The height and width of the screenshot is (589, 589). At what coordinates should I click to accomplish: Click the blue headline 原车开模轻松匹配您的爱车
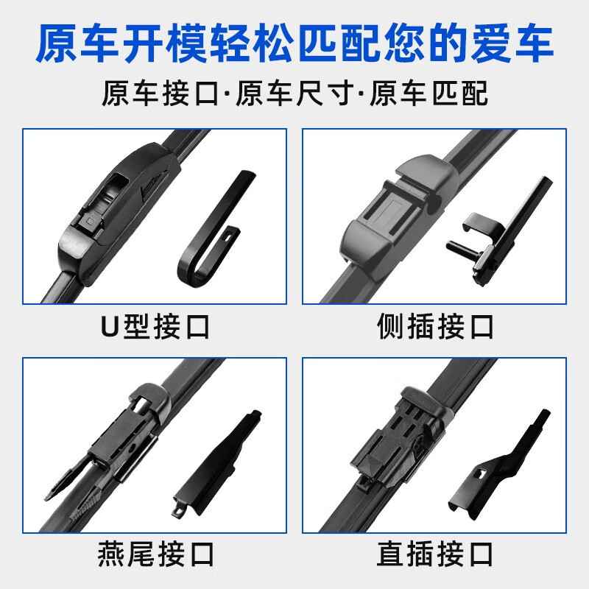tap(294, 43)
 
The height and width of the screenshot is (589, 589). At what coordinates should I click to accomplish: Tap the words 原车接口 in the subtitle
tap(160, 94)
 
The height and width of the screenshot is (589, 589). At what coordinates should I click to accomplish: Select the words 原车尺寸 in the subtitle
tap(294, 94)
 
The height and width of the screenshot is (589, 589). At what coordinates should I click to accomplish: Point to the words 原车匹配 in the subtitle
tap(429, 94)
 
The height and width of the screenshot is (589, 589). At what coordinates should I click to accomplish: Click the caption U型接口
tap(155, 327)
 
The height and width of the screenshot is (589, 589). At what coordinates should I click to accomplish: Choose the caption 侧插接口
tap(435, 327)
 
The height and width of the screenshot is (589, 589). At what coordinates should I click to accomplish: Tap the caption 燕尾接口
tap(155, 554)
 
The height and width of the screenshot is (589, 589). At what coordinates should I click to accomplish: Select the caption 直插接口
tap(435, 554)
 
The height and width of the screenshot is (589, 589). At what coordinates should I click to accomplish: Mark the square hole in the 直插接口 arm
tap(480, 473)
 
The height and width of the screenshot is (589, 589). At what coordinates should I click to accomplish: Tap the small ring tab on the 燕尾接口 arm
tap(177, 511)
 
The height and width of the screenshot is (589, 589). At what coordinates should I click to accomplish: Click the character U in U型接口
tap(110, 327)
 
